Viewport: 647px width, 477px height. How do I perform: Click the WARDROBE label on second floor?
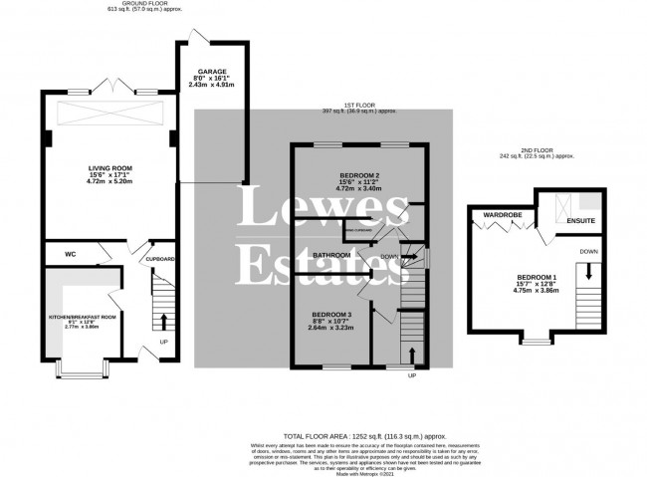pos(503,214)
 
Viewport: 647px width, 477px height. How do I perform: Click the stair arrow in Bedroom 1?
pos(588,272)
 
